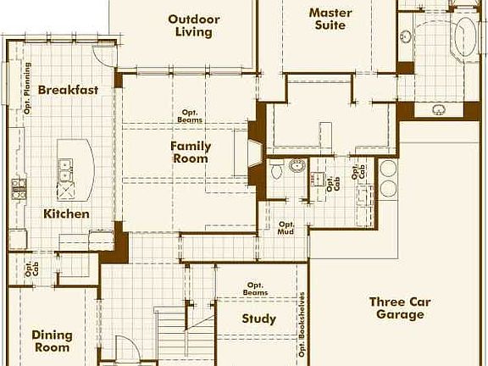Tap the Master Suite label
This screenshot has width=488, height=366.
[330, 19]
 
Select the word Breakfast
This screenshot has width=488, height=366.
[68, 90]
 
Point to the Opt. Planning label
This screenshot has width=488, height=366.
[28, 89]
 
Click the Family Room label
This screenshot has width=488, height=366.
[191, 152]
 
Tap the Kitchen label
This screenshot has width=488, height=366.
[66, 214]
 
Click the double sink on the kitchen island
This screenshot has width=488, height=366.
[64, 175]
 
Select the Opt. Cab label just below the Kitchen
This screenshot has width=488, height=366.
[32, 269]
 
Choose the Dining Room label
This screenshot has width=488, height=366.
[52, 341]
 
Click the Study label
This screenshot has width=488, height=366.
[258, 319]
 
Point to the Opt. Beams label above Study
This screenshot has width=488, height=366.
[257, 289]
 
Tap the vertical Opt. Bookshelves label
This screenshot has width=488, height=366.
[302, 325]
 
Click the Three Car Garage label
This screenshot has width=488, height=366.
[400, 308]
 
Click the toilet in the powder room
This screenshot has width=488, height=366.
[276, 171]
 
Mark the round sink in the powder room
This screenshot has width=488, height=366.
[297, 165]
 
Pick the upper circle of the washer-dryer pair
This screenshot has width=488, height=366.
[388, 167]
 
